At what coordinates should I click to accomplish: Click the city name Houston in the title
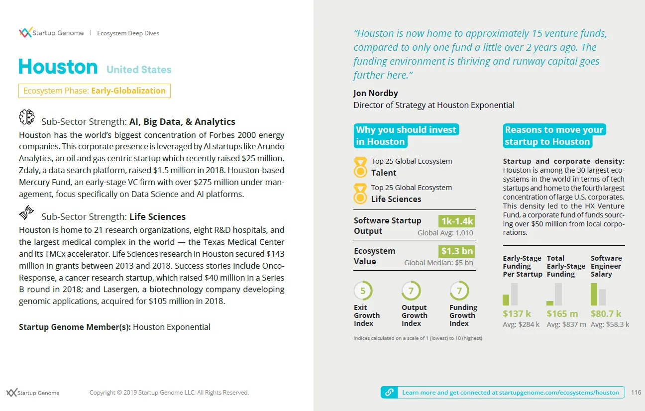tap(58, 67)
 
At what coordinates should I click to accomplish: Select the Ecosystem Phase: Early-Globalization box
tap(95, 91)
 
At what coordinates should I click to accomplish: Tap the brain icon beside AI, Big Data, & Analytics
tap(26, 117)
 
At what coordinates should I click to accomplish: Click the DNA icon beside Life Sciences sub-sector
tap(26, 212)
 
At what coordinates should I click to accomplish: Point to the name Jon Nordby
tap(376, 94)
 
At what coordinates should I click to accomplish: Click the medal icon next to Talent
tap(360, 168)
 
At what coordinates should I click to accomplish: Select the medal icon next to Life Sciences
tap(360, 194)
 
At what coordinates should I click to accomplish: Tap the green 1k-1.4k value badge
tap(456, 221)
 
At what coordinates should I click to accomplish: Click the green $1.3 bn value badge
tap(456, 251)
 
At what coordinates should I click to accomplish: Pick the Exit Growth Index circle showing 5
tap(363, 291)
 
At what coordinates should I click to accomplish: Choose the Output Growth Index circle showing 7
tap(411, 291)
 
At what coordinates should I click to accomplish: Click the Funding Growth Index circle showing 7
tap(459, 291)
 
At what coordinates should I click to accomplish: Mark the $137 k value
tap(517, 314)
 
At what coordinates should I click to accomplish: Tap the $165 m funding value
tap(562, 314)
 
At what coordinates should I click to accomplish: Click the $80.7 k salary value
tap(606, 314)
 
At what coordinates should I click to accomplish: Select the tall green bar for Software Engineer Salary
tap(594, 294)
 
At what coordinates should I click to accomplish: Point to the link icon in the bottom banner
tap(389, 392)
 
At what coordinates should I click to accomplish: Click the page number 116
tap(636, 393)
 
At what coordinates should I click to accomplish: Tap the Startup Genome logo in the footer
tap(33, 393)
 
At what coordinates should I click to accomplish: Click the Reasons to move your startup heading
tap(554, 136)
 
